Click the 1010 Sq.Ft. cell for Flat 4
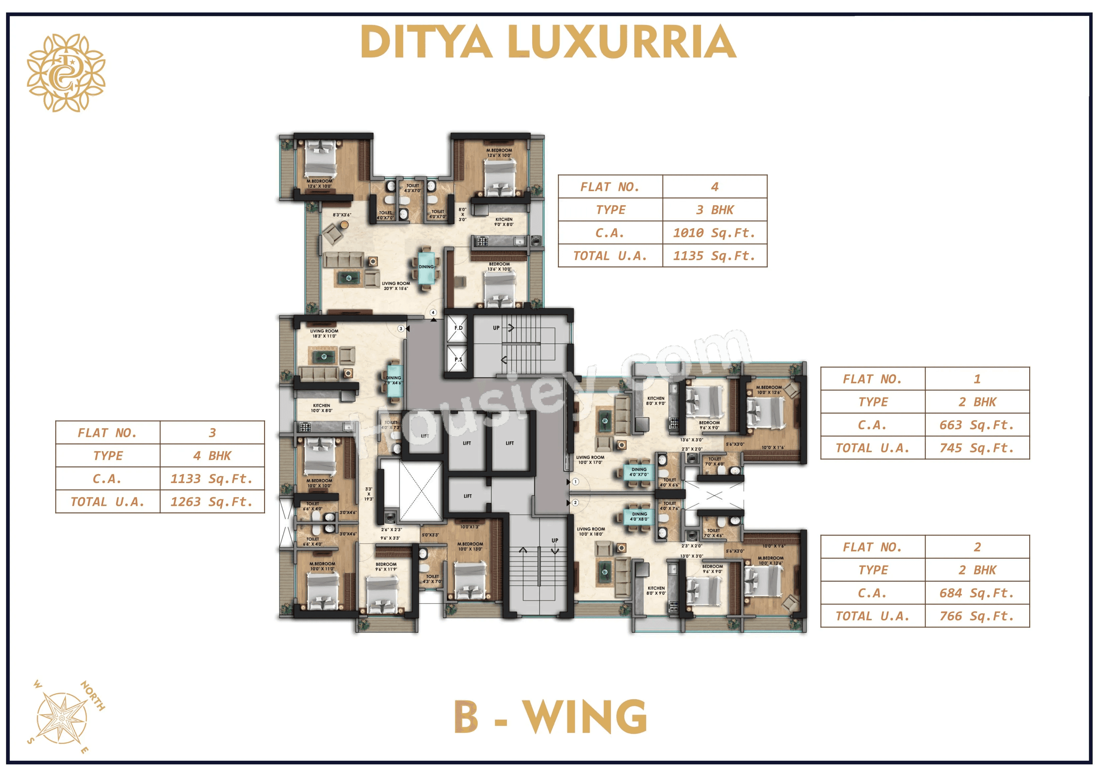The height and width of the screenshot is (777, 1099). [714, 233]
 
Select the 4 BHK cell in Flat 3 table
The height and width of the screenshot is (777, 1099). [212, 456]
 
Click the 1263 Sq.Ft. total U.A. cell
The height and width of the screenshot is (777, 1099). [212, 502]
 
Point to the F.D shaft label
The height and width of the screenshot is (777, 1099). [458, 328]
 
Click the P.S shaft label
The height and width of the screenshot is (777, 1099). [458, 359]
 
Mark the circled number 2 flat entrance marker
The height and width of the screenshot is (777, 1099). [575, 503]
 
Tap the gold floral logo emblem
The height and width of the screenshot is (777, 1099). [66, 73]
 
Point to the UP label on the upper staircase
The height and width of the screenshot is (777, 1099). [496, 328]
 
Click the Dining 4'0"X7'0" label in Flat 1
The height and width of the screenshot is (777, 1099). [639, 472]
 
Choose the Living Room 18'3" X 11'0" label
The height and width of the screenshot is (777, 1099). [324, 333]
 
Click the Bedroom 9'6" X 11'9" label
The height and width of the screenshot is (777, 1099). [386, 567]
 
